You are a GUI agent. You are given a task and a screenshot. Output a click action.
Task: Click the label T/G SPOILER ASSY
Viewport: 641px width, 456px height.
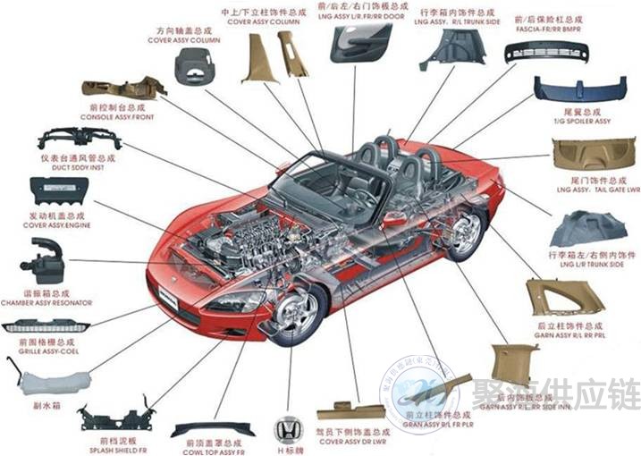tap(582, 121)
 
